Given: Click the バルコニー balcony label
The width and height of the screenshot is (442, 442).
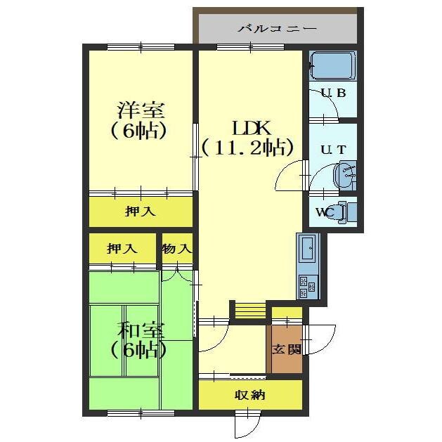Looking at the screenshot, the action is coord(277,29).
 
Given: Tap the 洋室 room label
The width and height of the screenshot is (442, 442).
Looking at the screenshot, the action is coord(141,110).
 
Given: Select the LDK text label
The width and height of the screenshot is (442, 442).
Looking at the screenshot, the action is coord(251,129).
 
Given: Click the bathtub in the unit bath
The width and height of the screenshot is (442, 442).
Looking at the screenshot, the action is coord(332,66).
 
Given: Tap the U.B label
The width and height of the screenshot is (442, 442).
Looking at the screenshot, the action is coord(334,93).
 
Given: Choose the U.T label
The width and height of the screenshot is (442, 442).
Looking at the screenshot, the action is coord(334,150).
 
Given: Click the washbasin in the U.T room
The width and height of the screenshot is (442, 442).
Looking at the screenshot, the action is coord(345,176).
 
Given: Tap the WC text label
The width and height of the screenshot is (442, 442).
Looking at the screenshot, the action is coord(325,212).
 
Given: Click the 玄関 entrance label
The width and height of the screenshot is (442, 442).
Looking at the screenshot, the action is coord(286,349).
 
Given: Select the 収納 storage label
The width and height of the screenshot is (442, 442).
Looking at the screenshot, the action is coord(250,396).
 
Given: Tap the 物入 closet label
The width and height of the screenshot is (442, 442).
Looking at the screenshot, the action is coord(177,249).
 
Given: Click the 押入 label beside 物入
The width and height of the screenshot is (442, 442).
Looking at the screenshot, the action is coord(122,249).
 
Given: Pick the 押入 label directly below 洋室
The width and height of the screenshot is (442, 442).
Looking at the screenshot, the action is coord(140,211).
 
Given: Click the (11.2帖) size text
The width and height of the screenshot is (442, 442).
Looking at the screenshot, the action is coord(248,148).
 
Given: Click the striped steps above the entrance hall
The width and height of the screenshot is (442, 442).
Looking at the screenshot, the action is coord(250,311).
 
